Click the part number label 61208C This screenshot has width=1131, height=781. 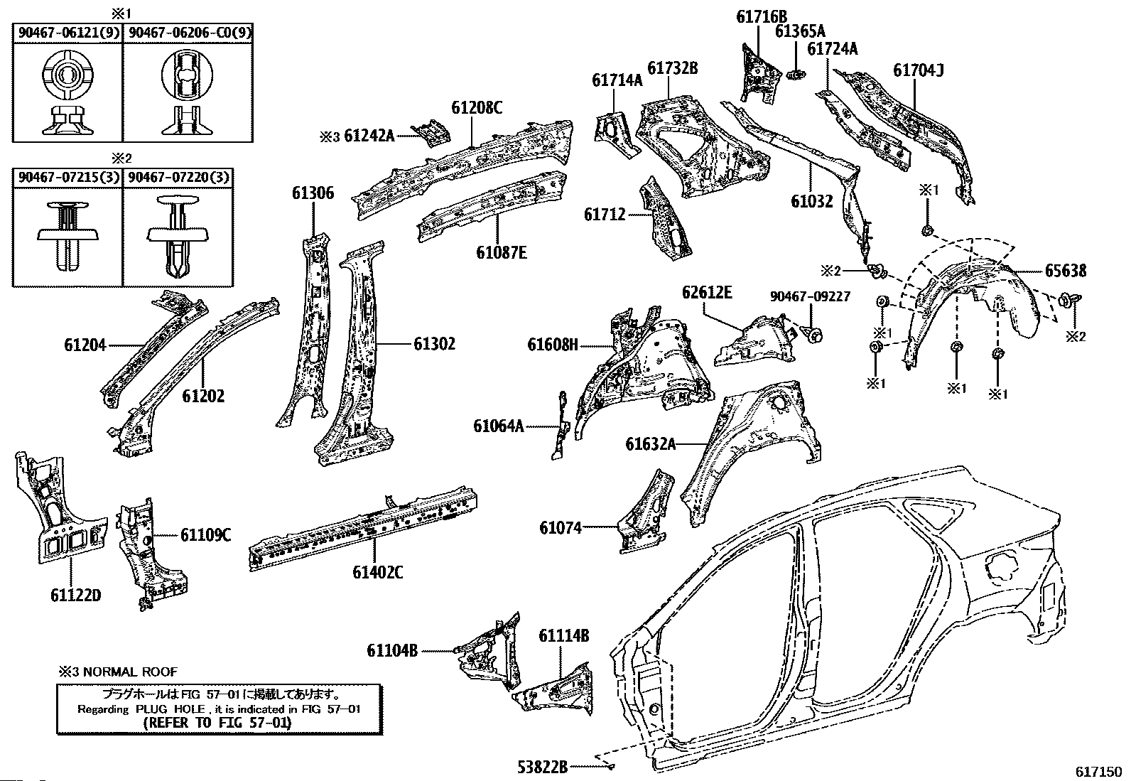(477, 107)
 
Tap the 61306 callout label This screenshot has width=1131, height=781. (313, 193)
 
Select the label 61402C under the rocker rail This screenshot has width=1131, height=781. (378, 572)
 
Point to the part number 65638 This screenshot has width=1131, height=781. (1066, 271)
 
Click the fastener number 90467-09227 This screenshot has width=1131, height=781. (810, 296)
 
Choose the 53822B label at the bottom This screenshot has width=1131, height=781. (543, 767)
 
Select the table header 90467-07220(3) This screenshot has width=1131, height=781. (178, 178)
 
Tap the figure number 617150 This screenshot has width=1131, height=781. (1098, 771)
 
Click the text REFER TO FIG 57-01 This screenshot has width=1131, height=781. (217, 723)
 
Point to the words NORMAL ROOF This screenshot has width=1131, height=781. (130, 672)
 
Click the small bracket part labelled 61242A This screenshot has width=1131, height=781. (431, 132)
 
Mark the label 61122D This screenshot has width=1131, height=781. (76, 595)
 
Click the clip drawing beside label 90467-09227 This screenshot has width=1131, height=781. (813, 335)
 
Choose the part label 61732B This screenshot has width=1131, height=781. (673, 68)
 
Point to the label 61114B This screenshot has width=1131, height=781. (563, 635)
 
